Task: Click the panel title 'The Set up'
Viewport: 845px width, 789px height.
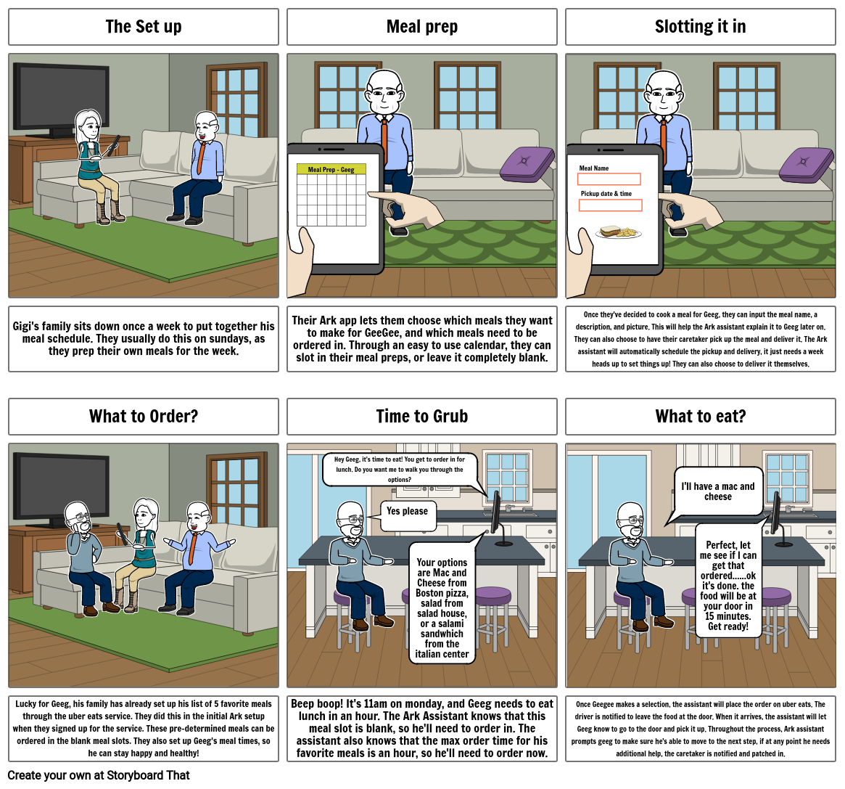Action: pos(143,27)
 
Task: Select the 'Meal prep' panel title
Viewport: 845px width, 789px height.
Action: pos(421,27)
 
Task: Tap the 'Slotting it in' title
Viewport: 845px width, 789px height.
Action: pos(700,27)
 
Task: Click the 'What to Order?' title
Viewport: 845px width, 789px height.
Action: pos(143,417)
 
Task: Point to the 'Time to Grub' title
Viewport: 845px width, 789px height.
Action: pos(421,417)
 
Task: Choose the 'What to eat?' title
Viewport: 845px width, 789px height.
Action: pos(700,417)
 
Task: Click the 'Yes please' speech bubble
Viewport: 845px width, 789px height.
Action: pos(408,511)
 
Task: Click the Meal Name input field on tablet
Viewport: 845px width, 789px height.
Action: pos(609,179)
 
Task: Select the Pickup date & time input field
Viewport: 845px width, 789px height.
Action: pos(610,205)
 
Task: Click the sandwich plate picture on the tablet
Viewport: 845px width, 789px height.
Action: pos(618,232)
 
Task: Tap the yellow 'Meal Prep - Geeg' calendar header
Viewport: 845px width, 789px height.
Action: pos(331,169)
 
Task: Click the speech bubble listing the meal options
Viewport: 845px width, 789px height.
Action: pos(442,602)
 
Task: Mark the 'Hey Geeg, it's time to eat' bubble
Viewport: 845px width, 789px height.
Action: pos(400,469)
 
